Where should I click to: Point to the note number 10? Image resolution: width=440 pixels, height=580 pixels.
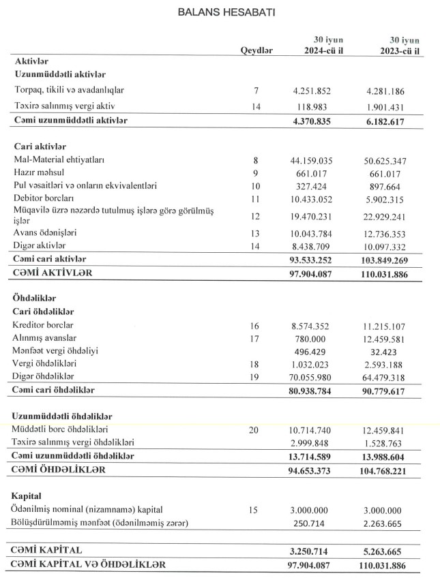[256, 185]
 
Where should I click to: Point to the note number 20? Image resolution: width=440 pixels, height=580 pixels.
[256, 430]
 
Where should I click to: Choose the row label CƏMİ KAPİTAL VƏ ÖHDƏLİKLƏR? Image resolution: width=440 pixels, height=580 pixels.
[89, 564]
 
